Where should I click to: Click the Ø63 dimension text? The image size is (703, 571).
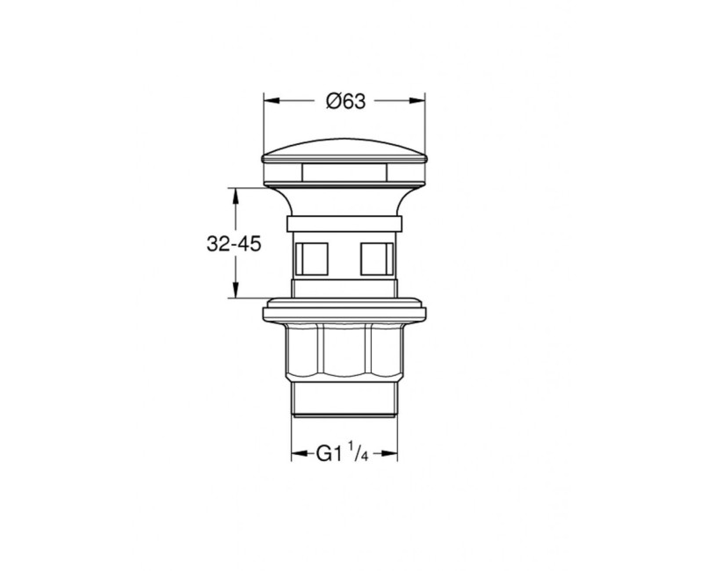(345, 101)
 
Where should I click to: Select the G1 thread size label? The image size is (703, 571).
(328, 454)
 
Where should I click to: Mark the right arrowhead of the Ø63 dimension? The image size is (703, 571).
(421, 100)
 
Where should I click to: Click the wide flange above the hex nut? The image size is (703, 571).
(344, 309)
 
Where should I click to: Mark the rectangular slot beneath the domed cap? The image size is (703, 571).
(344, 170)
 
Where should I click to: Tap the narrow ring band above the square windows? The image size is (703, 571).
(344, 222)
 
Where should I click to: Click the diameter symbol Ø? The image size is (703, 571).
(331, 101)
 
